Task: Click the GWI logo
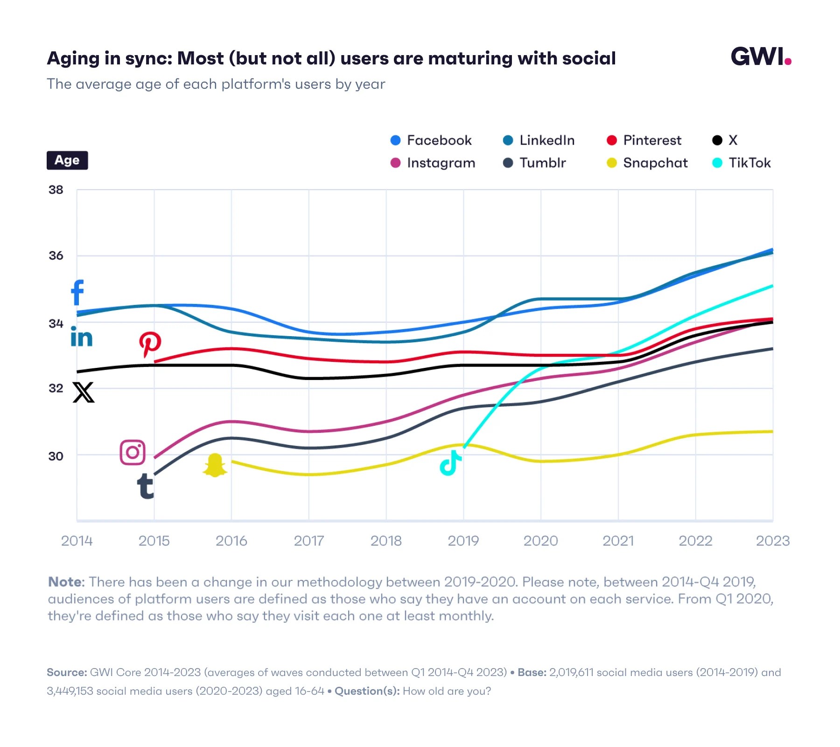(x=760, y=56)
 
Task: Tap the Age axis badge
(x=67, y=160)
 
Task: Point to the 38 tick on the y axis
(x=56, y=190)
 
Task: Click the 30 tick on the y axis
(x=56, y=456)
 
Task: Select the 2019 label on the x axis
(x=463, y=541)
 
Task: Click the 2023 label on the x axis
(x=772, y=541)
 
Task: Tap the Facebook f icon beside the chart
(x=77, y=292)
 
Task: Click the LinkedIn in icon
(x=81, y=337)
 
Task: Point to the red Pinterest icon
(x=150, y=344)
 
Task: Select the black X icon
(x=84, y=392)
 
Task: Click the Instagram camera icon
(x=133, y=452)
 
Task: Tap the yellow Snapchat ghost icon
(x=215, y=465)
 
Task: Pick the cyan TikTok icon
(x=450, y=463)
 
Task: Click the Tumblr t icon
(x=145, y=486)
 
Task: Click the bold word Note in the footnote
(x=66, y=582)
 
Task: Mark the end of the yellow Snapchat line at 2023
(x=772, y=431)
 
